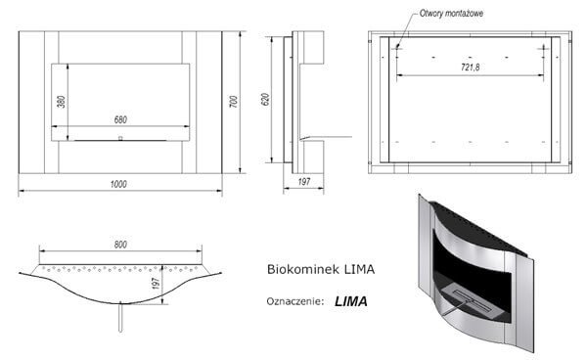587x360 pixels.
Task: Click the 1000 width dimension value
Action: pyautogui.click(x=118, y=184)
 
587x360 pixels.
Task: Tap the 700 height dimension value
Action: pyautogui.click(x=233, y=102)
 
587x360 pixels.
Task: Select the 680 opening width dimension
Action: pyautogui.click(x=120, y=119)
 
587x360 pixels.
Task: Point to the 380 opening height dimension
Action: pyautogui.click(x=62, y=102)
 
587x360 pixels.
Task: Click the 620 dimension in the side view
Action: pyautogui.click(x=265, y=99)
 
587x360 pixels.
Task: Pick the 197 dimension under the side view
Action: pyautogui.click(x=304, y=182)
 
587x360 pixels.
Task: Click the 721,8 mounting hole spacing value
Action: pyautogui.click(x=470, y=67)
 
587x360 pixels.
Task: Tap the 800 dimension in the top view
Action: pyautogui.click(x=120, y=245)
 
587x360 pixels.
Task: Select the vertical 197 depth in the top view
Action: pyautogui.click(x=157, y=284)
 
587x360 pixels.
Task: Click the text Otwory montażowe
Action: pyautogui.click(x=451, y=14)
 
